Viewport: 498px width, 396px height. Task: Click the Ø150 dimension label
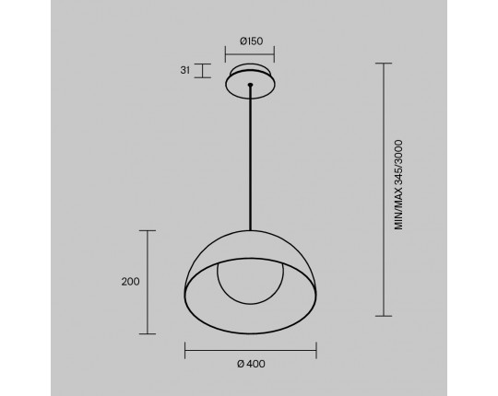coord(251,41)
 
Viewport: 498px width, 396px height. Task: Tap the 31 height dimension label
coord(185,70)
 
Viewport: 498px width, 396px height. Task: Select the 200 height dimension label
coord(130,282)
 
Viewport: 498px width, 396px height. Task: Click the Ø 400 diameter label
coord(251,364)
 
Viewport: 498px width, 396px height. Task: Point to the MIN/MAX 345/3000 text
coord(398,185)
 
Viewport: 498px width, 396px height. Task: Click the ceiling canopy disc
coord(251,82)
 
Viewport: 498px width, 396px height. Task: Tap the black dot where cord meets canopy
coord(251,85)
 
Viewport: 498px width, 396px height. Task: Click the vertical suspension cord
coord(251,157)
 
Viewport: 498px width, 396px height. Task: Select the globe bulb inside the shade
coord(251,283)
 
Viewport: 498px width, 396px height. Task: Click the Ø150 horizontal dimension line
coord(250,54)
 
